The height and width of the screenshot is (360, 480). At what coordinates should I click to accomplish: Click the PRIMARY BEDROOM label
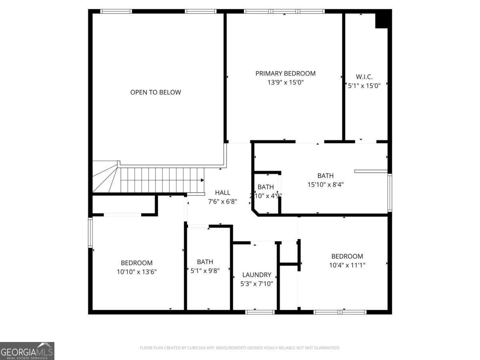coord(285,73)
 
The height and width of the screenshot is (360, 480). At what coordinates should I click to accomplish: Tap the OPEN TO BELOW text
coord(156,92)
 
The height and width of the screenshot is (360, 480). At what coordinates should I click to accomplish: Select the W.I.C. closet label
coord(364,76)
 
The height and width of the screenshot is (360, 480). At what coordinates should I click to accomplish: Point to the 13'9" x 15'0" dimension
coord(285,82)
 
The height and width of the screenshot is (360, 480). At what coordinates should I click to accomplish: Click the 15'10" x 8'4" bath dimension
coord(325,184)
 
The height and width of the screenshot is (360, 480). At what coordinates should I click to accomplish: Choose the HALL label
coord(222,192)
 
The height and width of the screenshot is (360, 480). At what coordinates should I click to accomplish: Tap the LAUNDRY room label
coord(256,275)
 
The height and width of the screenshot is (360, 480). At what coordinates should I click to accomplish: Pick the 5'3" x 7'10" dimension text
coord(256,284)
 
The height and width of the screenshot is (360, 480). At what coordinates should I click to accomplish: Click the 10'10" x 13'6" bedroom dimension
coord(136,272)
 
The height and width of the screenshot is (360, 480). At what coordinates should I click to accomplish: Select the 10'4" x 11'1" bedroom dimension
coord(347,265)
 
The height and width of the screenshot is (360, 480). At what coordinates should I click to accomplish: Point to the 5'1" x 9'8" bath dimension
coord(205,270)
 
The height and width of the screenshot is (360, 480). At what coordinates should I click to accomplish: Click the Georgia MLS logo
coord(27,351)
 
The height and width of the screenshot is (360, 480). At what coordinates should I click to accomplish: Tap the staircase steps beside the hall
coord(160,180)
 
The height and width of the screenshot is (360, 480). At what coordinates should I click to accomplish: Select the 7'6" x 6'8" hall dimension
coord(222,202)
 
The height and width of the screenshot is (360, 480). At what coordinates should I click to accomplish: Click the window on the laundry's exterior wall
coord(260,312)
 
